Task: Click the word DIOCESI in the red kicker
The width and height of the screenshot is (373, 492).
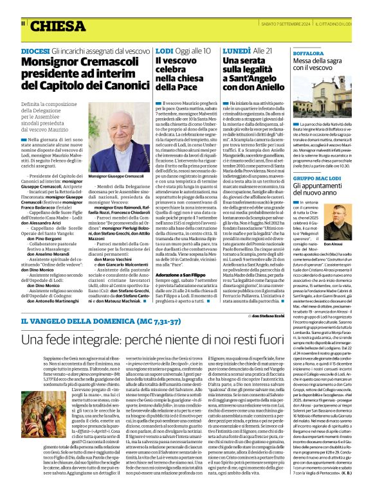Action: [x=35, y=50]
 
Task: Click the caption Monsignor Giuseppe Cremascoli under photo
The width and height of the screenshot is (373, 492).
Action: [x=117, y=176]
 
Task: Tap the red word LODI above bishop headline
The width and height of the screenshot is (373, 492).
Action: [x=164, y=50]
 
